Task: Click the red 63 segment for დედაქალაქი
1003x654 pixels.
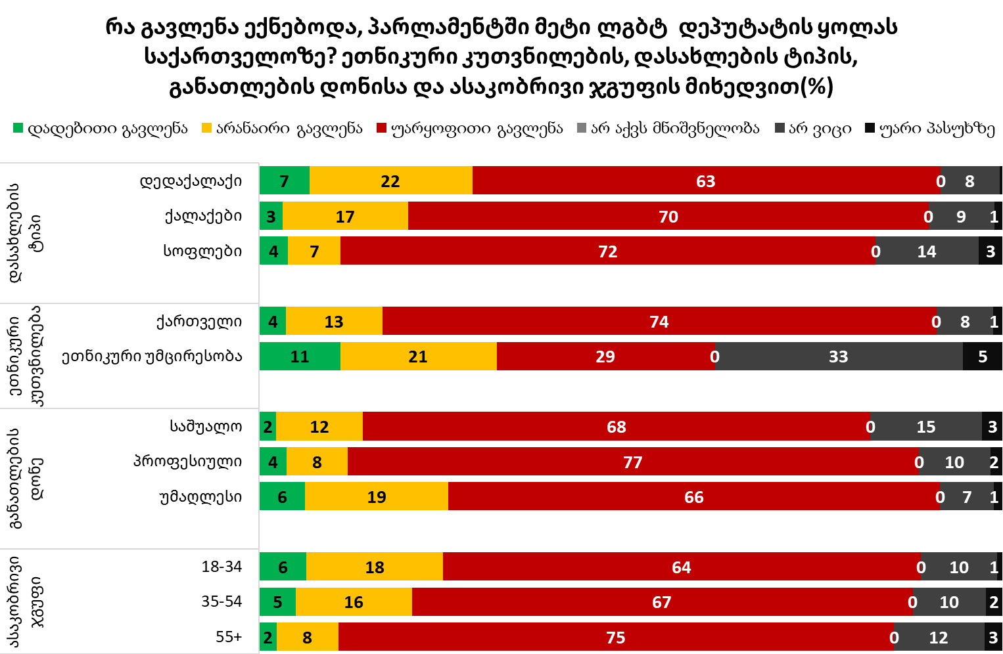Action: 706,181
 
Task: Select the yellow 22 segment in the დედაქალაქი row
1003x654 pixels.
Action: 390,181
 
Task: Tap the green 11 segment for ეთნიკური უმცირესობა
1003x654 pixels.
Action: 300,357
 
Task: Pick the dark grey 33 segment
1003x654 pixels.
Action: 839,357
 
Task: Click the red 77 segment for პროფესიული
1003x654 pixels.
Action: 632,462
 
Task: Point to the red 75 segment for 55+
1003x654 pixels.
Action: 616,637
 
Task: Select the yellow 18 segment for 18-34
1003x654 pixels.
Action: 375,567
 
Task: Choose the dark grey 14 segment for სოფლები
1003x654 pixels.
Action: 927,251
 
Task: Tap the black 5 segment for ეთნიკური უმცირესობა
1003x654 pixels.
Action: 983,357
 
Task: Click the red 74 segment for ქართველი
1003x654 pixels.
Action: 659,321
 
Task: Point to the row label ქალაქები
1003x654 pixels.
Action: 203,216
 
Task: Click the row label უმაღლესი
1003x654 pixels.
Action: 200,497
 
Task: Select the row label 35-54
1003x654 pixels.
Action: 222,601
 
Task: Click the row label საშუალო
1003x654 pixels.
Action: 206,427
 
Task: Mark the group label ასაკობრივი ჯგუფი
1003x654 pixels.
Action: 26,601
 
